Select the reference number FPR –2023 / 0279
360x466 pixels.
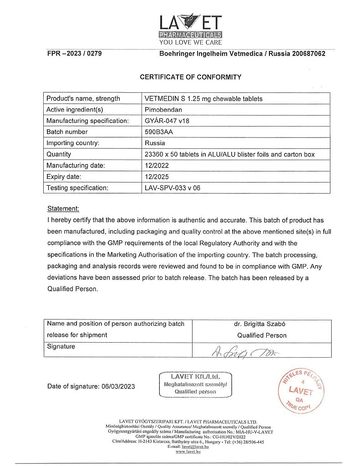74,53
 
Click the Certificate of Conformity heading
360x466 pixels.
190,77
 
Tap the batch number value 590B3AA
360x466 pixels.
159,132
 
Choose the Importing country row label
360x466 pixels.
73,143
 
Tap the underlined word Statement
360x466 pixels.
63,208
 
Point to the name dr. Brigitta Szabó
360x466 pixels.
262,324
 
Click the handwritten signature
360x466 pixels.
243,351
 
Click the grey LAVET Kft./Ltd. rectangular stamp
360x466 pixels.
195,384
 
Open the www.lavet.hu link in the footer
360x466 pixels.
188,451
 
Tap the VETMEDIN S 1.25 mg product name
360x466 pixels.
203,99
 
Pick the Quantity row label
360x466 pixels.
59,154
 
